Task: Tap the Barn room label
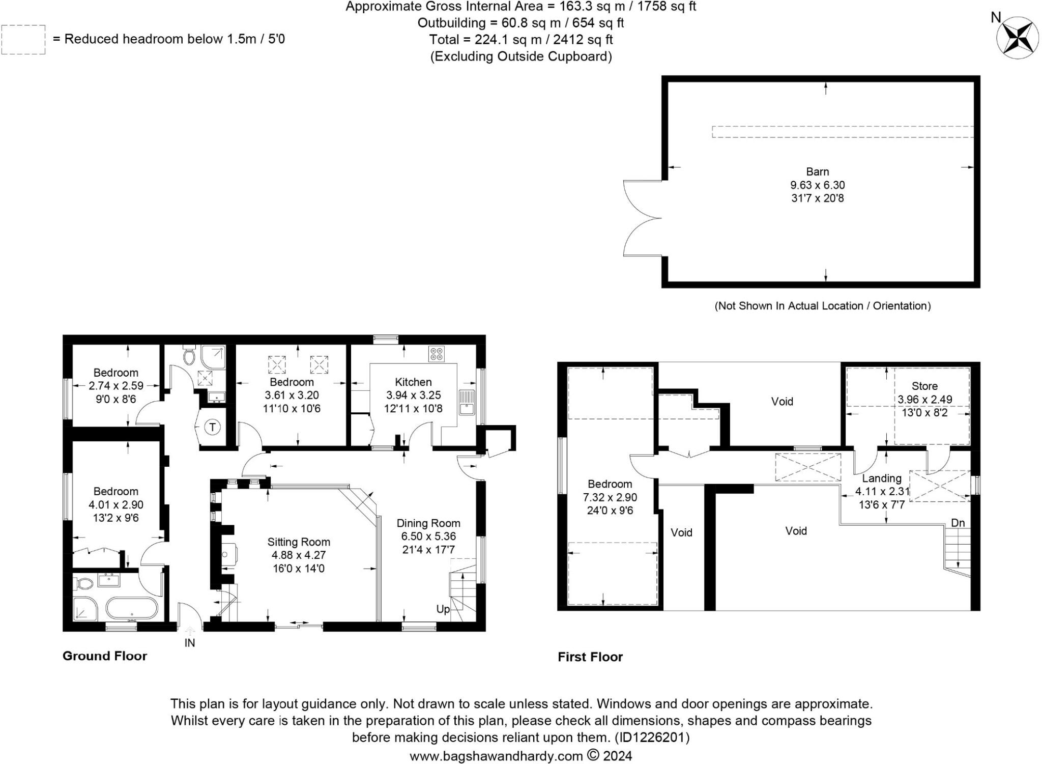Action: click(817, 172)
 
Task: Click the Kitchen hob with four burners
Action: click(437, 354)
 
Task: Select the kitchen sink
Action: click(467, 402)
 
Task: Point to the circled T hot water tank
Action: click(213, 428)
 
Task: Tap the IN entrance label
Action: click(189, 643)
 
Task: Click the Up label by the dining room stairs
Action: click(443, 609)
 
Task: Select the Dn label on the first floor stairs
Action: click(958, 523)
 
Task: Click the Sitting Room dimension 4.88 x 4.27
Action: click(299, 555)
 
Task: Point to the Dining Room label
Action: click(428, 523)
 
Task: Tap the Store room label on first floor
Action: click(924, 386)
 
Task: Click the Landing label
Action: click(881, 478)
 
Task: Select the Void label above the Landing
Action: click(782, 402)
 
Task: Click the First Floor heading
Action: click(590, 657)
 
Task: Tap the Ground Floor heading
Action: click(105, 656)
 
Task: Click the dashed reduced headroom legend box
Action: click(23, 40)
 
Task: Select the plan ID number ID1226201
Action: click(652, 738)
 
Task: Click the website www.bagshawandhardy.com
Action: click(496, 756)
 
